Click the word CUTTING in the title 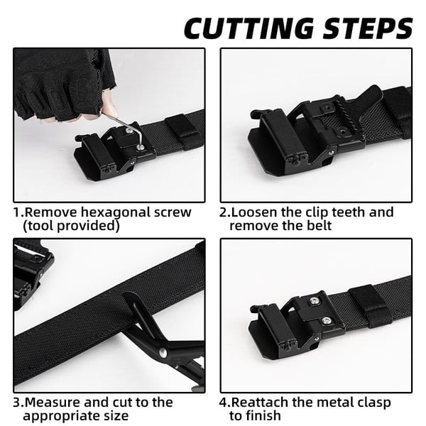coord(249,28)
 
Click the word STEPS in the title coord(365,28)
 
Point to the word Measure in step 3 coord(53,403)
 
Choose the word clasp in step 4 coord(372,403)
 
